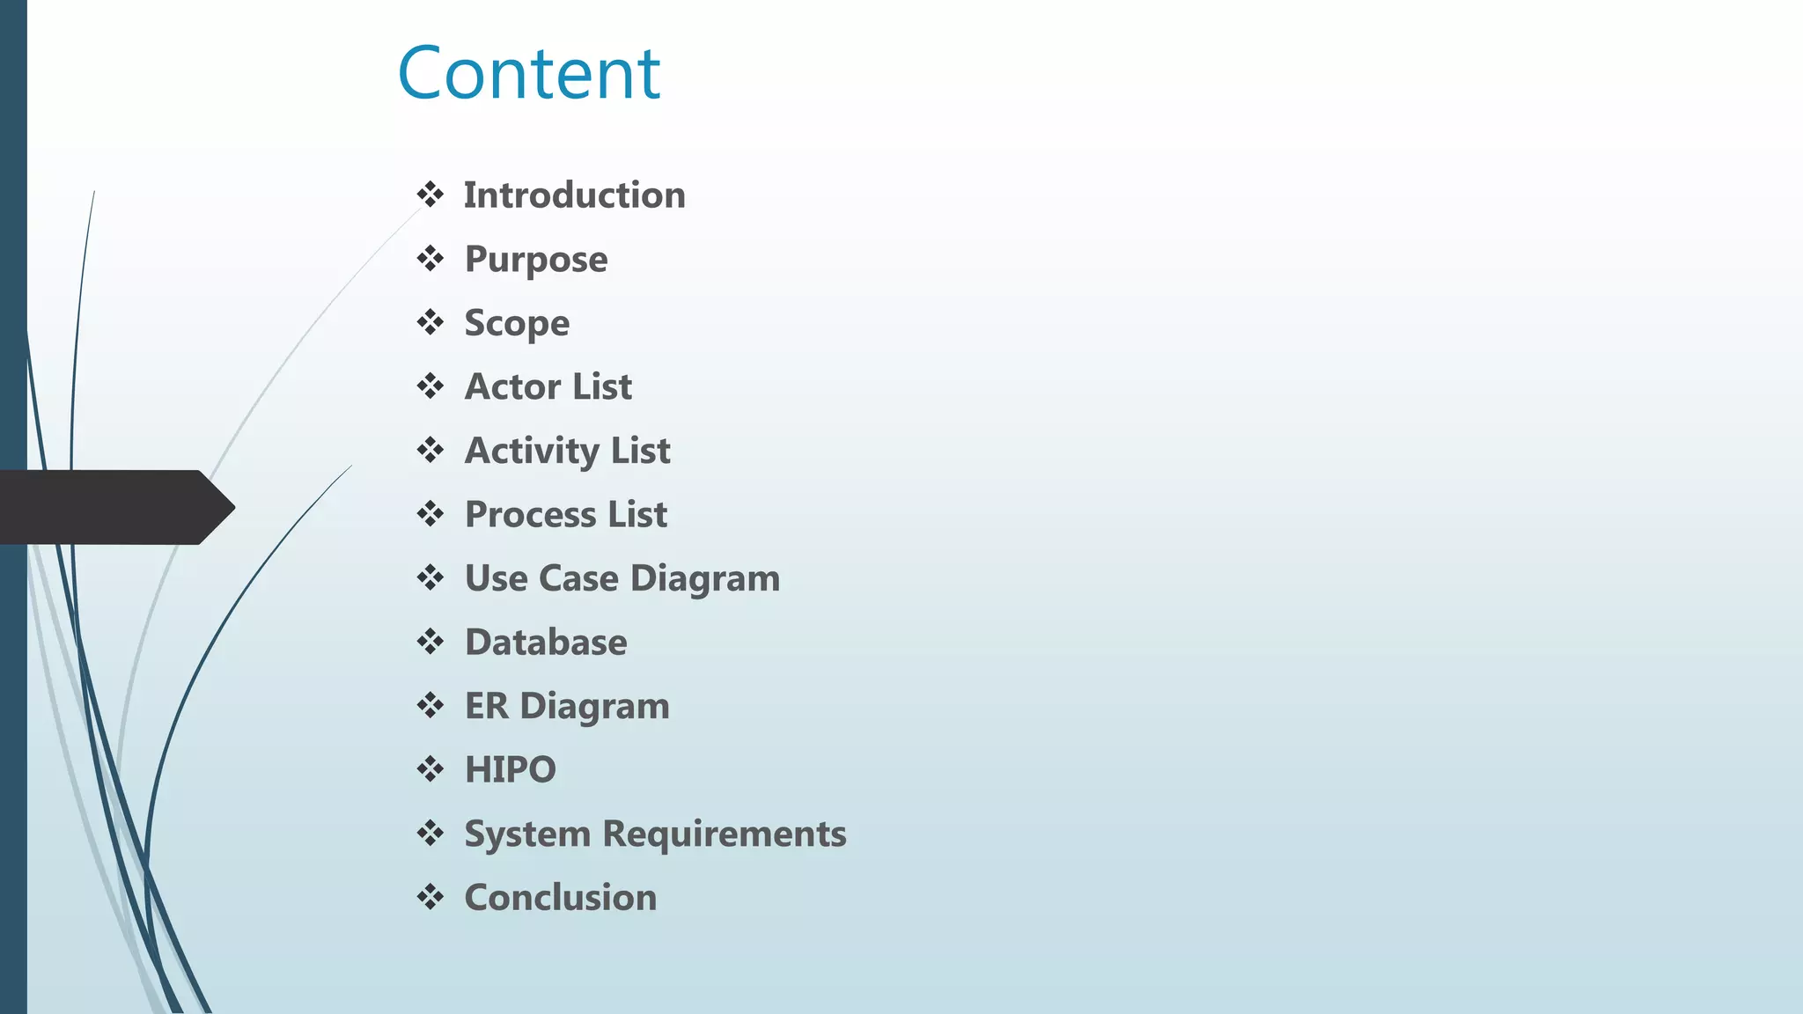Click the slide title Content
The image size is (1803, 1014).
(528, 74)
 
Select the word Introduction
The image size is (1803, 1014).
(574, 195)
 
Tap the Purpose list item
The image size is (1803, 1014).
(535, 260)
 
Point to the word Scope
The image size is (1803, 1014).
(517, 323)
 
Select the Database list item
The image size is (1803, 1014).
(546, 643)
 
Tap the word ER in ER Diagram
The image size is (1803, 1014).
(486, 706)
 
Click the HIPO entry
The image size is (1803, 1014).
(511, 770)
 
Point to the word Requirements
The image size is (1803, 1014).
(724, 834)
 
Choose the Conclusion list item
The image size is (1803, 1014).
(560, 898)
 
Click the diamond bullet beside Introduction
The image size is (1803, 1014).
(431, 195)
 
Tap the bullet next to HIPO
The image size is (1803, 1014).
(431, 769)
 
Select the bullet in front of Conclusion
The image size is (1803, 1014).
(431, 897)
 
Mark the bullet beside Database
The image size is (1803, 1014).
(431, 642)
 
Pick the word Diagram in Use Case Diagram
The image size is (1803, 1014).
(705, 578)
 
